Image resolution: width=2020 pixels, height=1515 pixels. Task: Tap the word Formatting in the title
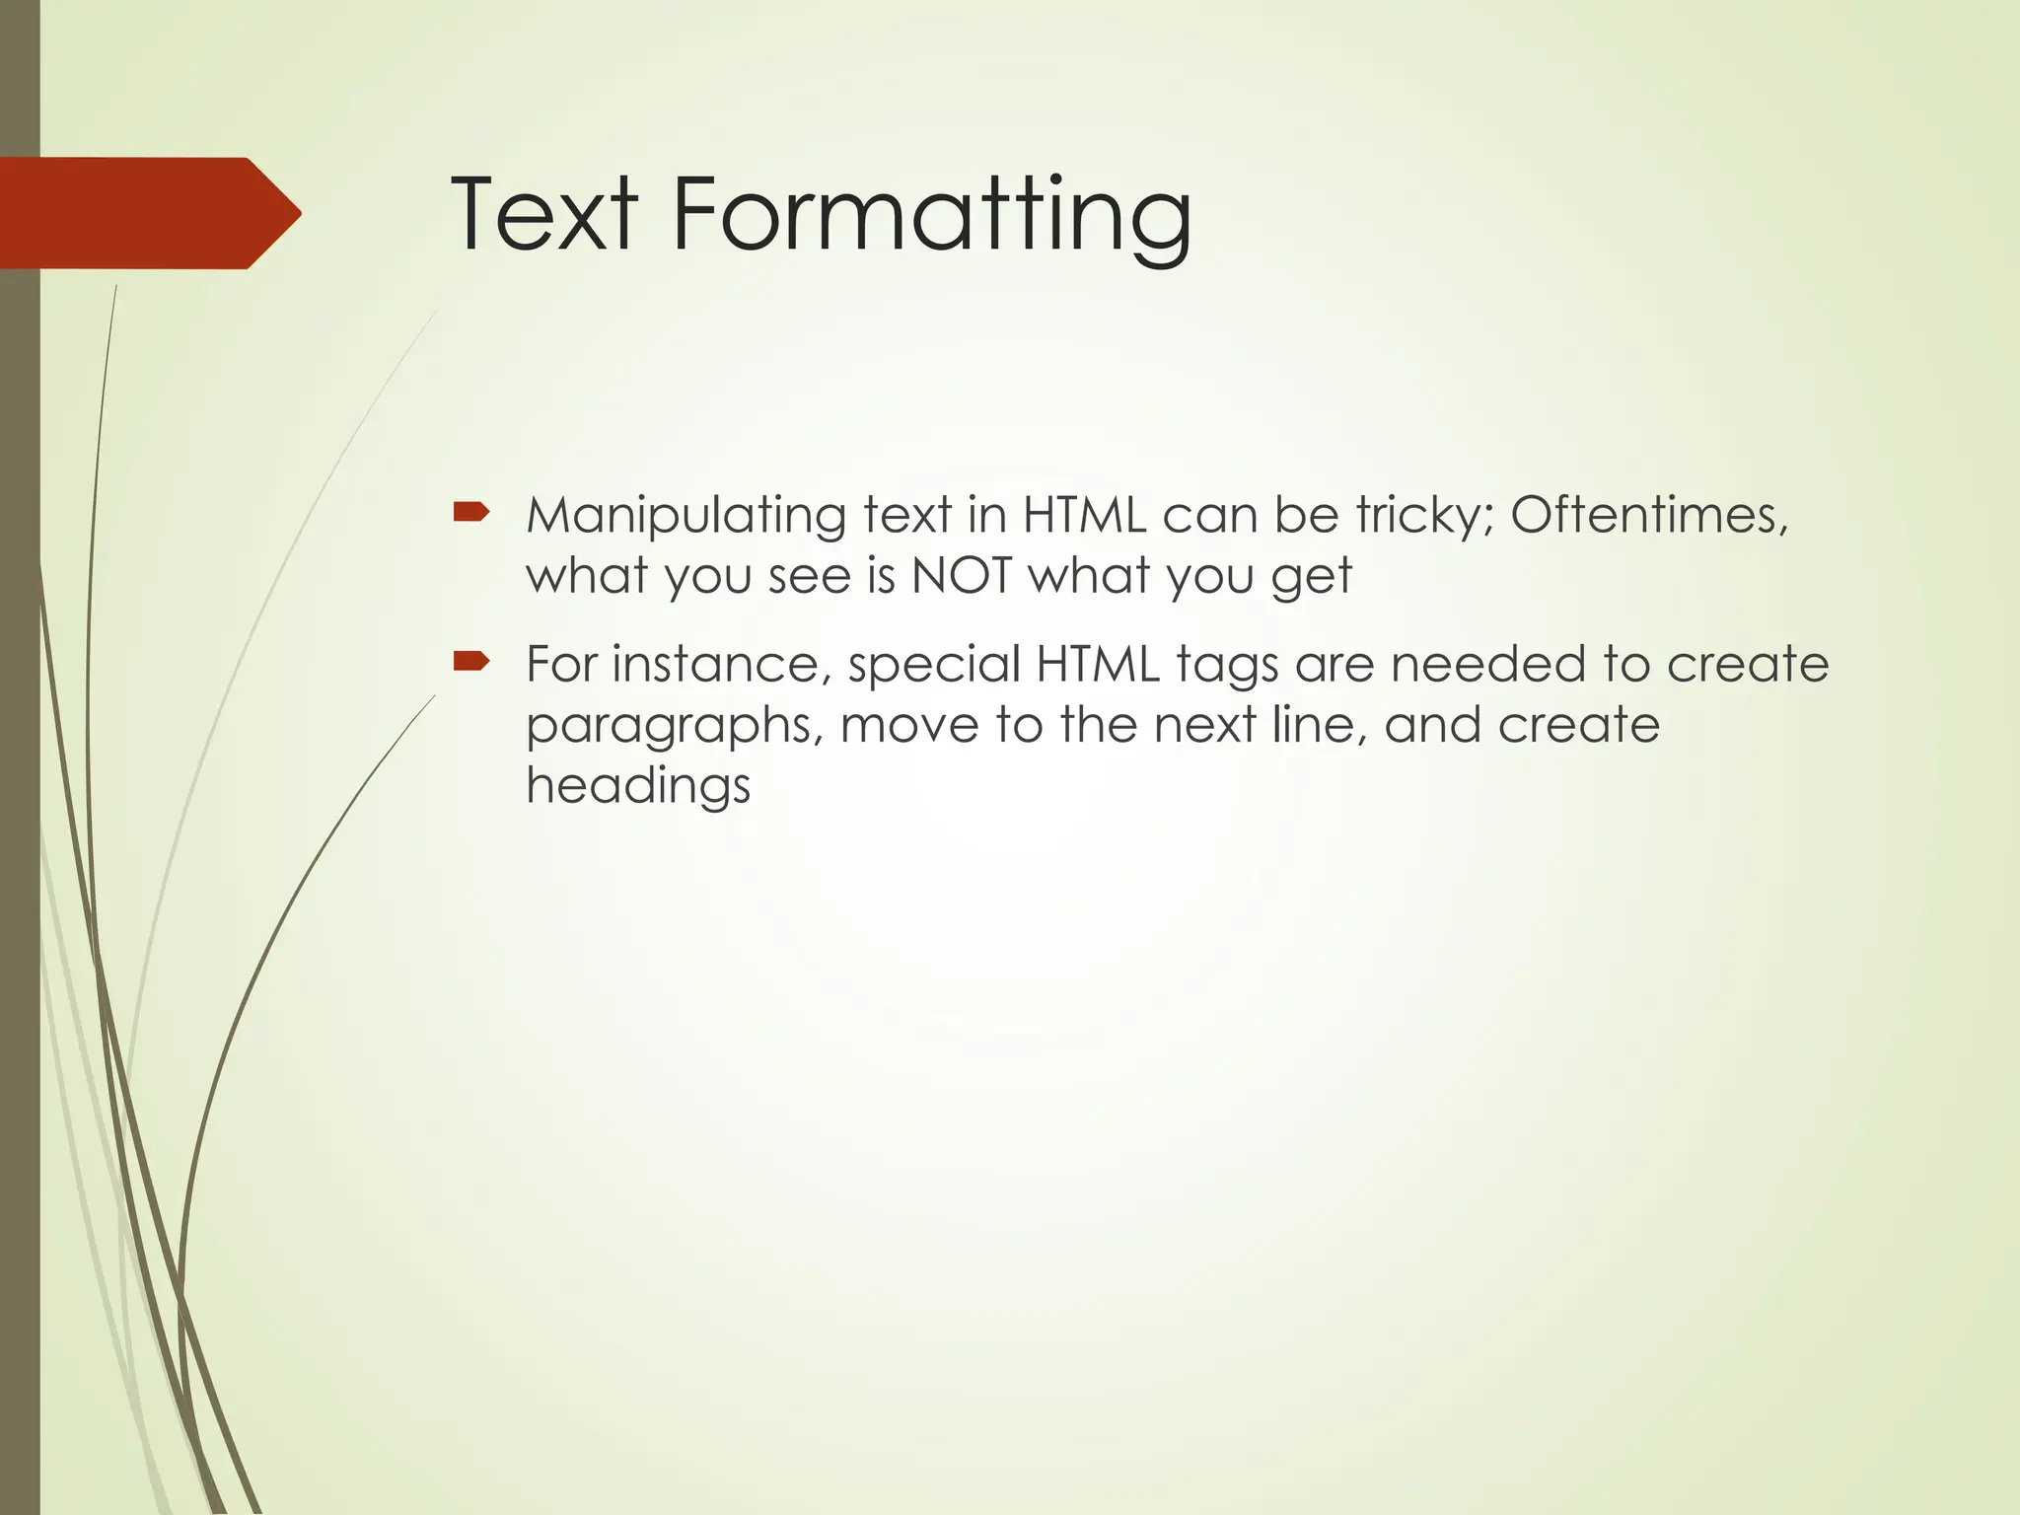point(931,217)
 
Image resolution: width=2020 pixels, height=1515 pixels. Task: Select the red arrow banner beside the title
point(148,213)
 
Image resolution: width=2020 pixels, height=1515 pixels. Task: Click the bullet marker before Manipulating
point(471,511)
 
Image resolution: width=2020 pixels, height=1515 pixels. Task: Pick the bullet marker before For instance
point(471,660)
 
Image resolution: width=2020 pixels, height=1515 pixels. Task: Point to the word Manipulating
point(685,517)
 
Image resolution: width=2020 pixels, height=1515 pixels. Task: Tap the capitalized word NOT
point(962,575)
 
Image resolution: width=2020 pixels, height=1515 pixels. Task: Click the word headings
point(638,787)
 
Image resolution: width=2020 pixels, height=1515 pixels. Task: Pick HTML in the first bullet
point(1084,515)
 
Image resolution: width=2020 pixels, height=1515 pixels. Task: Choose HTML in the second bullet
point(1098,664)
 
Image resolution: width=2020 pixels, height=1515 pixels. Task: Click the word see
point(809,576)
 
